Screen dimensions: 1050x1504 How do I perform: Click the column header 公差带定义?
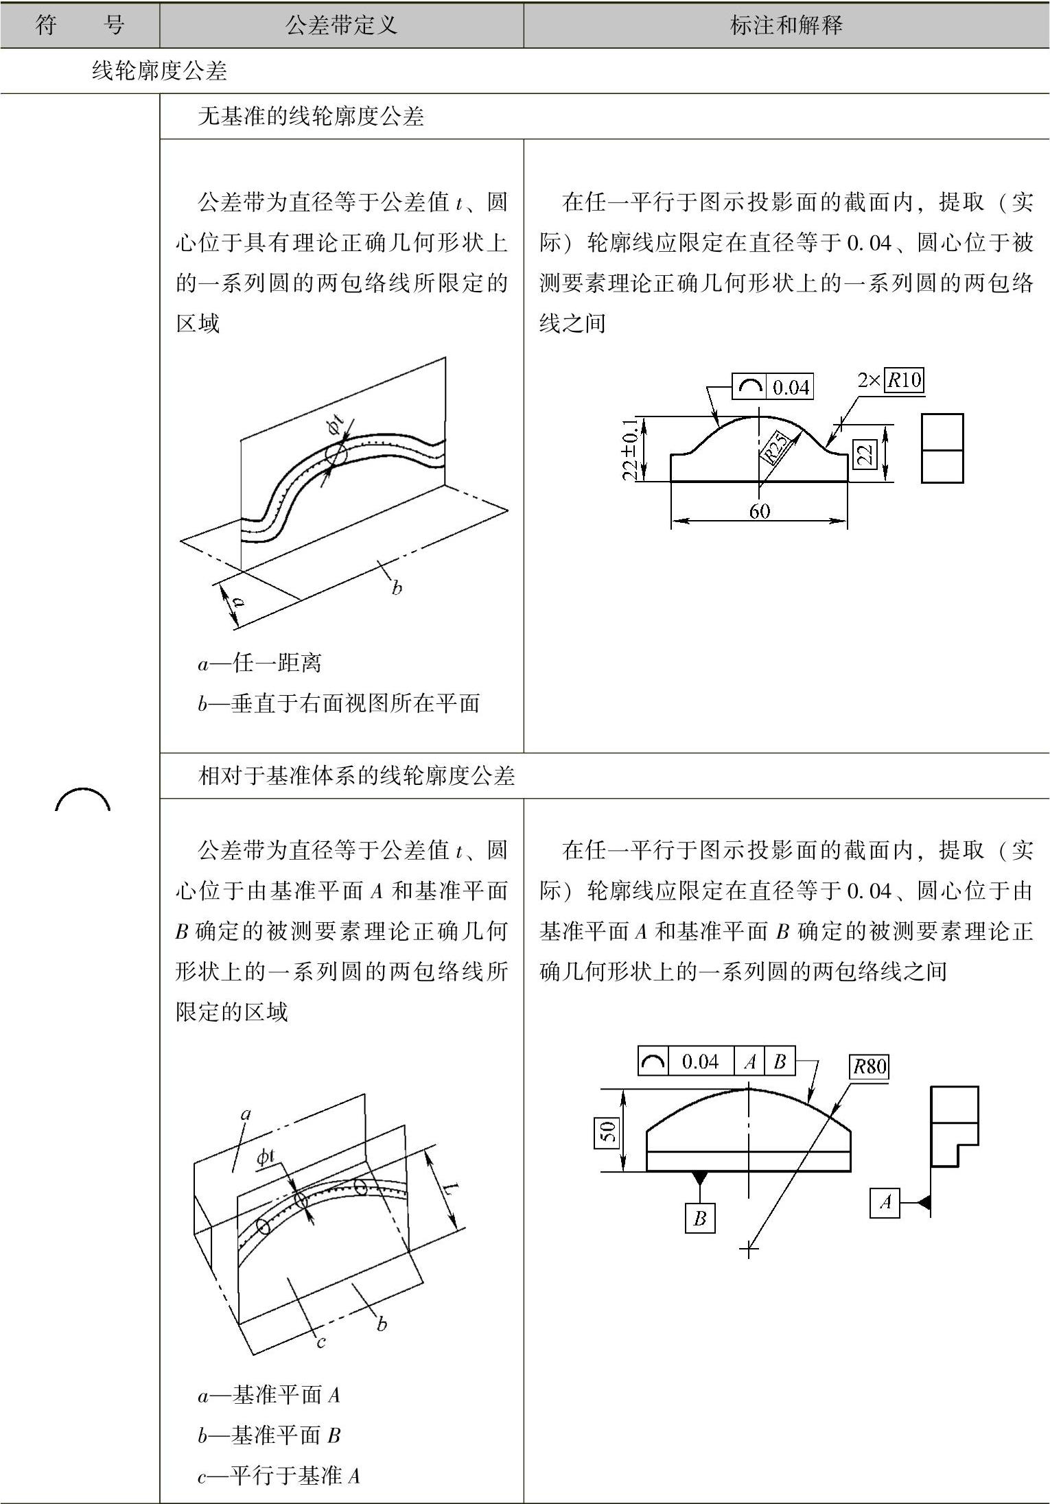(341, 26)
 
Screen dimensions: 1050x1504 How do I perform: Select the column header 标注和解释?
(786, 26)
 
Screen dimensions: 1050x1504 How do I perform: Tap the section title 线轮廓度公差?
(159, 71)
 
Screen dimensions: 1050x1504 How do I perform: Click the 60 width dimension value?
(759, 511)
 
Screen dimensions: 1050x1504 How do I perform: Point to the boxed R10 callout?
(904, 380)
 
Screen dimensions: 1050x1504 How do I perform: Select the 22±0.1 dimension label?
(631, 449)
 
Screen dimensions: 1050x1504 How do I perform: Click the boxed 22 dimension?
(865, 454)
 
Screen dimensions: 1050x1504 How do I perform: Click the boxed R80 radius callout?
(869, 1067)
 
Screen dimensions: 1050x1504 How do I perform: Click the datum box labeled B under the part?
(699, 1219)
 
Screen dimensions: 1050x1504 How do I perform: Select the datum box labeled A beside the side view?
(885, 1202)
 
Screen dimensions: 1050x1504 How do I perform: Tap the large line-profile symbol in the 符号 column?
(82, 800)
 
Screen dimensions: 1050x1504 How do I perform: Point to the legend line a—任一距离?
(259, 663)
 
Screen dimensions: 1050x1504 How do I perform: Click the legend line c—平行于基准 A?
(279, 1475)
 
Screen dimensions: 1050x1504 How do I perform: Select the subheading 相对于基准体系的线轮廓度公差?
(355, 776)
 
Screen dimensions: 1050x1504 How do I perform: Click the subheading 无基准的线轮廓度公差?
(310, 117)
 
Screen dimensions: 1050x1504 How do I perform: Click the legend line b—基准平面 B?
(269, 1435)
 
